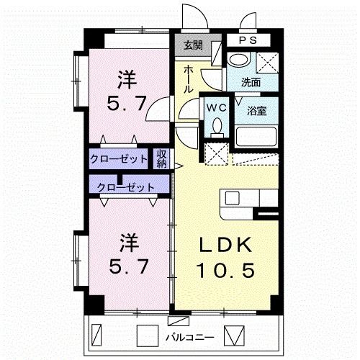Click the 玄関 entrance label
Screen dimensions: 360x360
pos(192,45)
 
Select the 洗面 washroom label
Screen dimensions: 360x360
pos(251,82)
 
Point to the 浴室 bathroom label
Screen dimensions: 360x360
pos(257,112)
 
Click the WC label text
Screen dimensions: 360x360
pos(216,107)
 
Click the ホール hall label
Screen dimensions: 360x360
pos(188,79)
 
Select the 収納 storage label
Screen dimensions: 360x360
pos(163,158)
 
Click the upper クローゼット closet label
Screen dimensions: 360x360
pos(119,158)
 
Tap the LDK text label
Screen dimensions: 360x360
pos(226,246)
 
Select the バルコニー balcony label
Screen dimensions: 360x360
pos(189,336)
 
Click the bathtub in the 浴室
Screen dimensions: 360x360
pos(257,135)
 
